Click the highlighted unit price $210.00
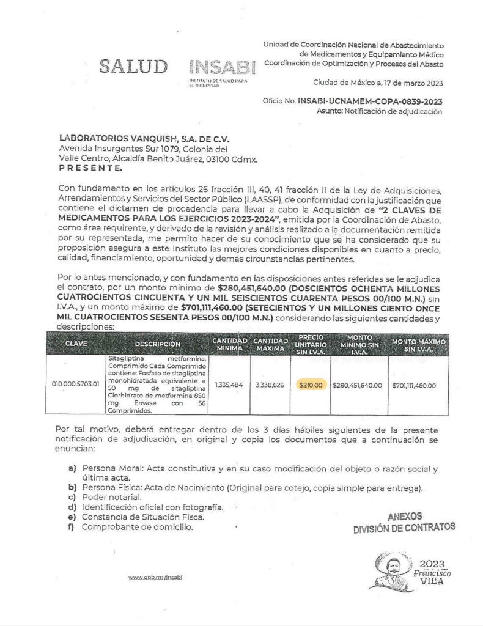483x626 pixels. [x=311, y=385]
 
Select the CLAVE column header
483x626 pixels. [x=76, y=344]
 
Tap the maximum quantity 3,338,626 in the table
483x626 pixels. [x=270, y=385]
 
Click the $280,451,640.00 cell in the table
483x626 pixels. [x=357, y=385]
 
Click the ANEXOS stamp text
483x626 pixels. [x=405, y=516]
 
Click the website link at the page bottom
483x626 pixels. [x=156, y=577]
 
